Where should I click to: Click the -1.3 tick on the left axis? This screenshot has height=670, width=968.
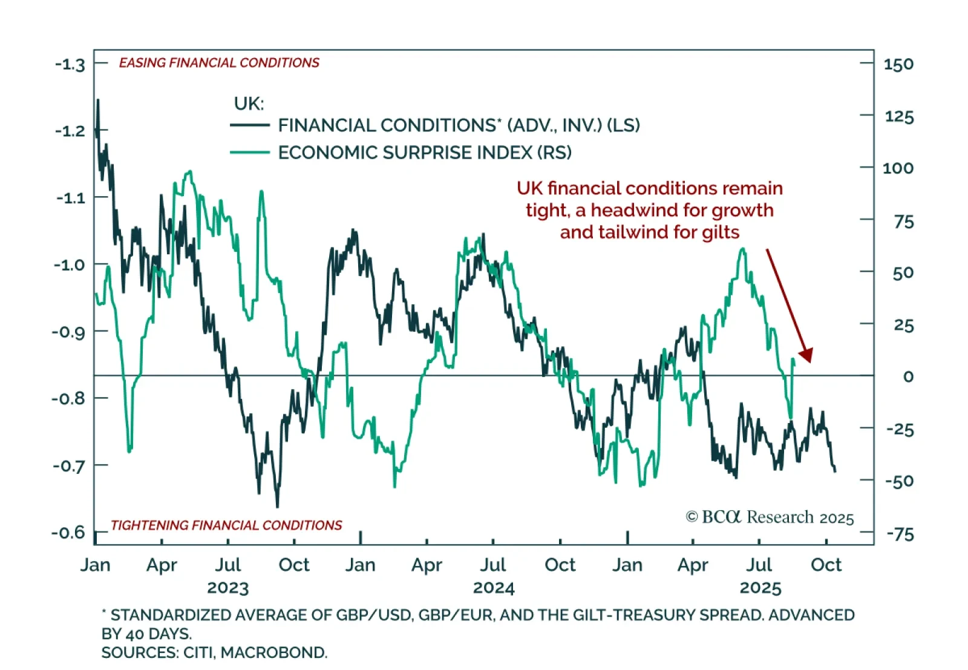point(70,64)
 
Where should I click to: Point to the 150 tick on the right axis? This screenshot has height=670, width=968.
point(898,64)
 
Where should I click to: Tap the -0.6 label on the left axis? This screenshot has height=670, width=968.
point(68,533)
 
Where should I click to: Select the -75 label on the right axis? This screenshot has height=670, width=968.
point(900,534)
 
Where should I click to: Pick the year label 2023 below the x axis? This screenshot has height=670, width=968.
point(227,588)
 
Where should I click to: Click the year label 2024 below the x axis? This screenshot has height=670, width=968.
point(494,588)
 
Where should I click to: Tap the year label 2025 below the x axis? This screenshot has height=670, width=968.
point(760,588)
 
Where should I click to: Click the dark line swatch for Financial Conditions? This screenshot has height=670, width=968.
point(249,125)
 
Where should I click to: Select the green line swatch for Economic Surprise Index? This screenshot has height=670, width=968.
point(249,153)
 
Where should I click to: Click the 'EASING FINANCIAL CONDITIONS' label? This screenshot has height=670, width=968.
point(219,63)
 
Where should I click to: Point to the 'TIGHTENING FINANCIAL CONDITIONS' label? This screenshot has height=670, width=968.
point(226,525)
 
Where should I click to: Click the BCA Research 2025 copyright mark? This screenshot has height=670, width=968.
point(770,517)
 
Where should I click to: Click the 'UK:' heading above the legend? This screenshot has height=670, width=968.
point(249,103)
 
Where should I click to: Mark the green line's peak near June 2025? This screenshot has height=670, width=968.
point(742,249)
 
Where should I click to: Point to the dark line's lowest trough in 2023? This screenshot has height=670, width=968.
point(278,507)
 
